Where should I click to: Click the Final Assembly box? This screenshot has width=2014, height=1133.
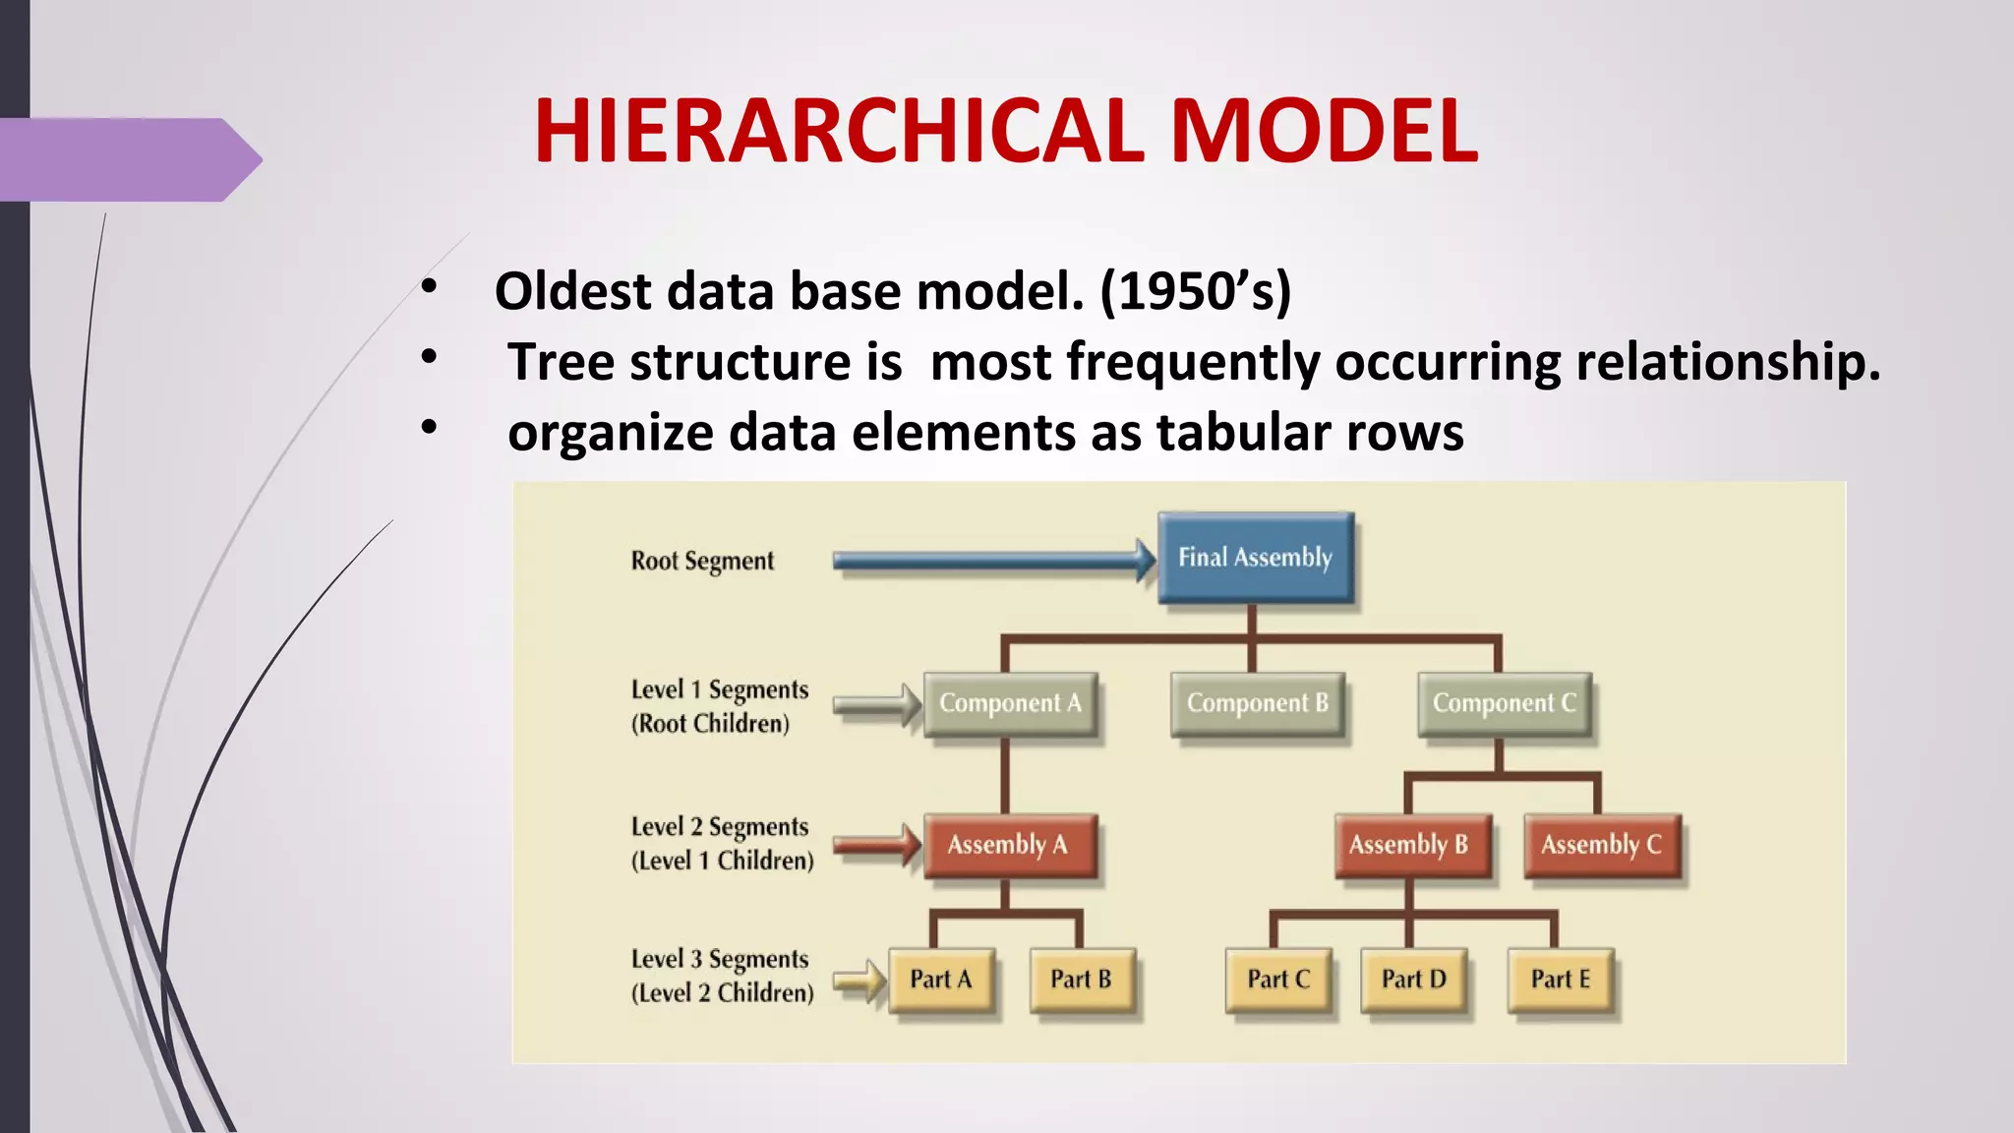1255,558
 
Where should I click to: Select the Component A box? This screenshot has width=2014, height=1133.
1010,703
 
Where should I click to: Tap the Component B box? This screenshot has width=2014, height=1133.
1257,703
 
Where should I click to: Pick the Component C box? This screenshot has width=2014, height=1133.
1504,703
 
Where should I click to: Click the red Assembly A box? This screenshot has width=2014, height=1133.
1008,845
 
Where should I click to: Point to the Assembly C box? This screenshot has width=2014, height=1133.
1601,845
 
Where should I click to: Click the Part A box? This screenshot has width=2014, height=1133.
941,980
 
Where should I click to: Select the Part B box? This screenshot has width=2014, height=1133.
1081,980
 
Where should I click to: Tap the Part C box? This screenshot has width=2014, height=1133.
1278,980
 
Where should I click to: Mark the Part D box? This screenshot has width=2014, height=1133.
1413,980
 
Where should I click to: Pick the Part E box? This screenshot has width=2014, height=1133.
1560,980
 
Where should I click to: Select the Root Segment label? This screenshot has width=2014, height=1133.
702,561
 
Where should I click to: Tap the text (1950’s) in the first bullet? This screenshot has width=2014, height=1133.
1195,291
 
